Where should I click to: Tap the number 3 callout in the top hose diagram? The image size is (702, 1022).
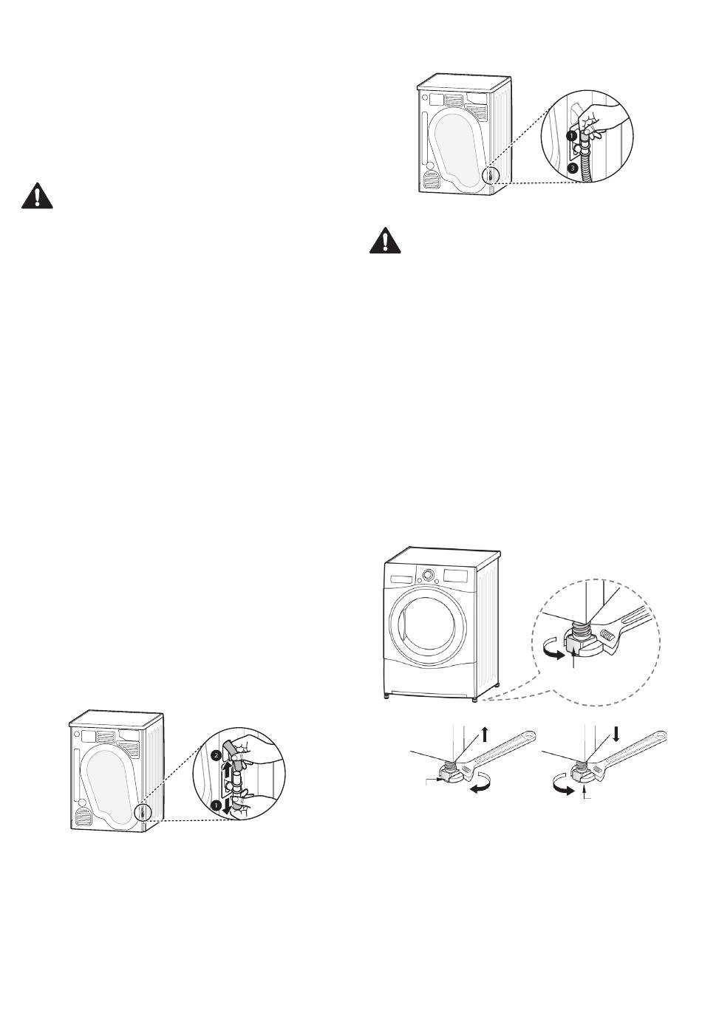(572, 168)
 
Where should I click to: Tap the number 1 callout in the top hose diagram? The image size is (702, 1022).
(571, 136)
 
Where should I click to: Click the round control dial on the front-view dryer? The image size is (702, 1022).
(428, 575)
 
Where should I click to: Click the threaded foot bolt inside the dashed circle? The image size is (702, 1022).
(578, 633)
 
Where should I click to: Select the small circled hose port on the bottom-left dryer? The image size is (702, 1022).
(140, 814)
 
